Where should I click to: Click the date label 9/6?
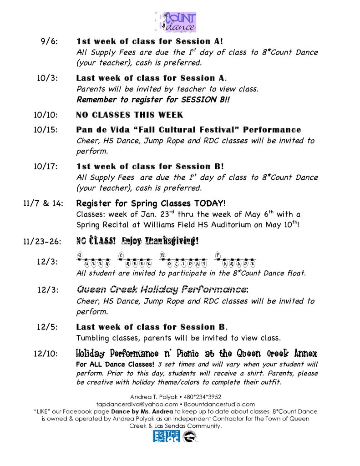pos(50,41)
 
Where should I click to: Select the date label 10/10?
pos(46,115)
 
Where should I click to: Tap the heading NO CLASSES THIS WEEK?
pos(130,115)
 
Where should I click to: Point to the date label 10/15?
pos(46,130)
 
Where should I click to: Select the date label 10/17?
pos(46,167)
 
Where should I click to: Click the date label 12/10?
pos(46,354)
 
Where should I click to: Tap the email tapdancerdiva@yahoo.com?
pos(137,404)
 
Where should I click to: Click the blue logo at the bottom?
pos(166,436)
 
